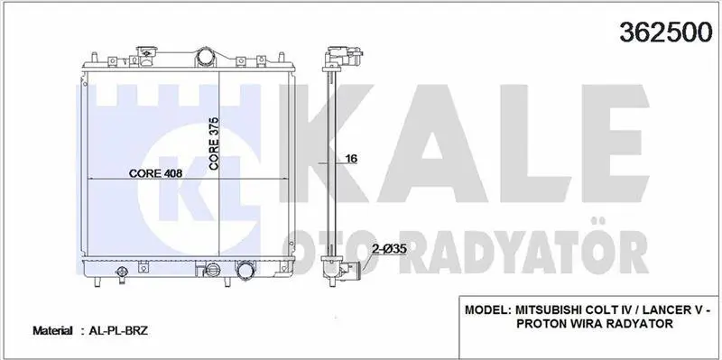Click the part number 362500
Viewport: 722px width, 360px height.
click(666, 32)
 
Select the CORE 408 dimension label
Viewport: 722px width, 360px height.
click(155, 173)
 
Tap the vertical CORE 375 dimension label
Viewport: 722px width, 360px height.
click(214, 143)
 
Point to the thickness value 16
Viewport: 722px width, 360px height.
click(351, 159)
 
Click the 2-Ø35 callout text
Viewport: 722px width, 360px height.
click(389, 249)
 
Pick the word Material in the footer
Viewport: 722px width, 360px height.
click(52, 330)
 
